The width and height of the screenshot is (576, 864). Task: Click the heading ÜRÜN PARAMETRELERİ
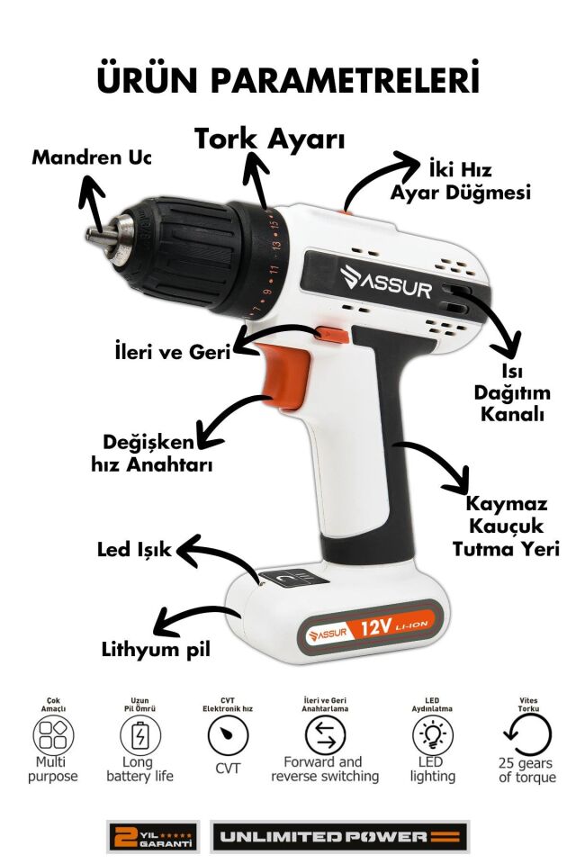(288, 79)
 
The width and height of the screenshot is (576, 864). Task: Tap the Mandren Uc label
(91, 157)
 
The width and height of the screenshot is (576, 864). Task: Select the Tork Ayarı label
(269, 139)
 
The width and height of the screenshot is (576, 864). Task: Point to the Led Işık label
(134, 550)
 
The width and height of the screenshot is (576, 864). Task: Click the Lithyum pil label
(156, 649)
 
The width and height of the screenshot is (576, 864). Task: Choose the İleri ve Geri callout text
(173, 352)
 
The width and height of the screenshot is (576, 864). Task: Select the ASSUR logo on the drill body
(386, 282)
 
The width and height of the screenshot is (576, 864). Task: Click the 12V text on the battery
(376, 626)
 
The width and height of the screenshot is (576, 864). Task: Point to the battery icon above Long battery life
(140, 735)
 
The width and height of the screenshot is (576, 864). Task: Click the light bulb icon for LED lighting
(433, 735)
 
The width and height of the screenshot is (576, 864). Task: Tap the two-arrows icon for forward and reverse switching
(325, 735)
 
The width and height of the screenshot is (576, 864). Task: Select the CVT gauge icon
(228, 735)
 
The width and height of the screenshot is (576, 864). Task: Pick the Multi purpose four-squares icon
(53, 735)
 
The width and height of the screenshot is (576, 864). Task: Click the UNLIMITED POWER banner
(340, 836)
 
